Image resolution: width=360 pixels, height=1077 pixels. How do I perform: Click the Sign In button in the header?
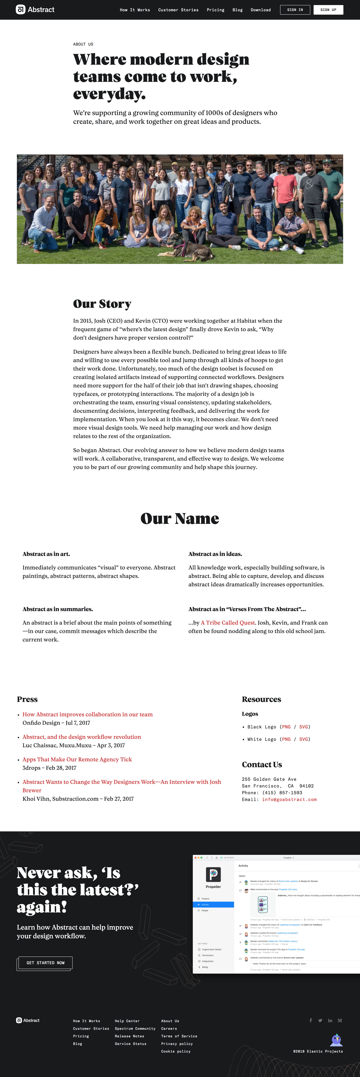295,10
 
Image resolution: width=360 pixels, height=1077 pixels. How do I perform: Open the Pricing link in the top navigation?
215,10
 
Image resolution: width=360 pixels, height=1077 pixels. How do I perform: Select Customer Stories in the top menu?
178,10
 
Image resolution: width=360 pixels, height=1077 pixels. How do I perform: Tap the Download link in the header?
260,10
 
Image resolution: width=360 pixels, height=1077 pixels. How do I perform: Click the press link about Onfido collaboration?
87,714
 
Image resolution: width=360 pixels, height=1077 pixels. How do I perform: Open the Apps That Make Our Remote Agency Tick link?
77,759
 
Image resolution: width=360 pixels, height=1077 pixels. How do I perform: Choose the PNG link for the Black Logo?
286,727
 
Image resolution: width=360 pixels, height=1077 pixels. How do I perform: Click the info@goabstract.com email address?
289,799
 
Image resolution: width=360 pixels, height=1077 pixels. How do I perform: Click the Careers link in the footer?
169,1028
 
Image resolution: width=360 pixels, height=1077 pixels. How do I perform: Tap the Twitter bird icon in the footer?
320,1021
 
